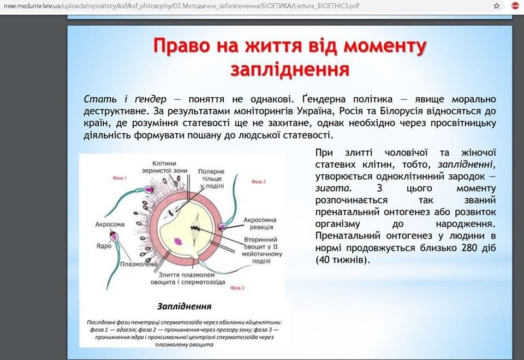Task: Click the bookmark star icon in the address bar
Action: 496,5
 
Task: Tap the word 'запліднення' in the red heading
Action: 289,70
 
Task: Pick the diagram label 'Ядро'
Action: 104,245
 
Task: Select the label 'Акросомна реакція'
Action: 260,225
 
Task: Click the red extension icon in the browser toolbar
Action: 515,5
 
